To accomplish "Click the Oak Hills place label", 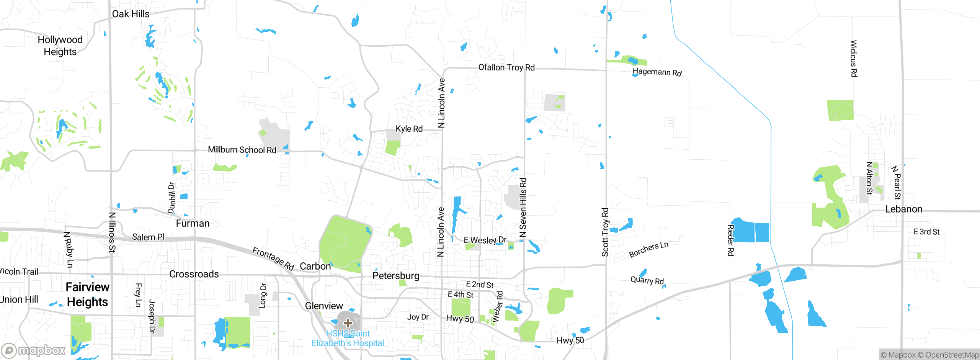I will tap(131, 14).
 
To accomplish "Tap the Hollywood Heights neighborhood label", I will tap(60, 46).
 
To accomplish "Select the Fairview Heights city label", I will tap(88, 295).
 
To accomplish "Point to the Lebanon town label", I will tap(904, 209).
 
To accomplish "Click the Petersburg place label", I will tap(396, 276).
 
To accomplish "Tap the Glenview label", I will tap(324, 306).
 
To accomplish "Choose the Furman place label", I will tap(193, 224).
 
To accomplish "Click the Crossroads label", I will tap(194, 274).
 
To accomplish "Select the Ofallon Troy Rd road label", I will tap(506, 68).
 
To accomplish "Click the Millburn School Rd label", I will tap(242, 150).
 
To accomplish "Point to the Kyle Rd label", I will tap(409, 129).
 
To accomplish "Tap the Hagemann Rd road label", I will tap(657, 72).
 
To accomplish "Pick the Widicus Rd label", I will tap(853, 59).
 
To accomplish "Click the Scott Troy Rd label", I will tap(605, 232).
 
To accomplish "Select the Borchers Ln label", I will tap(648, 249).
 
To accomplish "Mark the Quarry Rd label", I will tap(647, 280).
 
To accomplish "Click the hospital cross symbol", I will tap(348, 323).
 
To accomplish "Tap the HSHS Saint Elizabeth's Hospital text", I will tap(348, 338).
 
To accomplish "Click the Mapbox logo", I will tap(34, 350).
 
